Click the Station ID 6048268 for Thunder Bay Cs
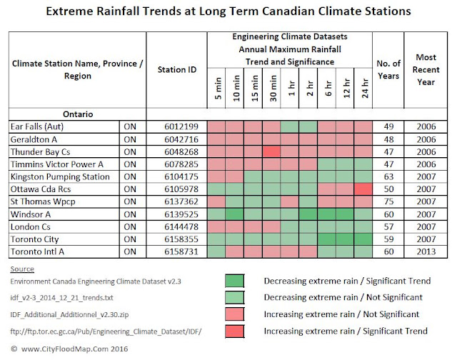[181, 152]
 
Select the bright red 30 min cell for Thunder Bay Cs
[271, 151]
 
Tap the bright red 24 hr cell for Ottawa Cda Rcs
[363, 189]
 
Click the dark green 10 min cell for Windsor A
[235, 214]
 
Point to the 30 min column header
[273, 88]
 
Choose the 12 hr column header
[346, 88]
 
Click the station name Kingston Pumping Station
[60, 177]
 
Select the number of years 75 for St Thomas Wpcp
[388, 201]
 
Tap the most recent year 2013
[426, 251]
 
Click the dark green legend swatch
[235, 281]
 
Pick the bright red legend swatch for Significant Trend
[235, 331]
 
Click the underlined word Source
[22, 269]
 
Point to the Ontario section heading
[78, 114]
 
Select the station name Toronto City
[35, 239]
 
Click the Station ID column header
[177, 70]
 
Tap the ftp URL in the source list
[106, 331]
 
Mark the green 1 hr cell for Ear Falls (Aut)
[289, 127]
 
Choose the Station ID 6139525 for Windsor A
[181, 214]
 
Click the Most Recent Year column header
[426, 70]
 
